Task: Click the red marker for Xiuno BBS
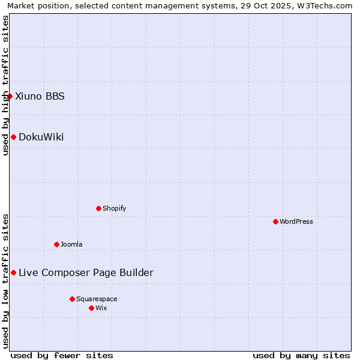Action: click(x=10, y=96)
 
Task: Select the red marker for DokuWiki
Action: click(x=13, y=137)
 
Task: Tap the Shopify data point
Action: click(x=98, y=208)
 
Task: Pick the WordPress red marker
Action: click(x=275, y=221)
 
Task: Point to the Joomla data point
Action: click(x=56, y=244)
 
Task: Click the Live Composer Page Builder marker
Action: click(x=13, y=272)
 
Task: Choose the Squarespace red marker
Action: click(x=72, y=299)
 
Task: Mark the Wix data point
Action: click(x=91, y=308)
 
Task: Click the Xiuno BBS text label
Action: click(x=40, y=96)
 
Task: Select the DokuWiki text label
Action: click(x=41, y=137)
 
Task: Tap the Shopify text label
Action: click(x=114, y=208)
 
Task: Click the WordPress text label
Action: click(x=296, y=221)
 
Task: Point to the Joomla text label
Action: click(x=71, y=244)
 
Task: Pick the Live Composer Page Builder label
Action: click(x=86, y=272)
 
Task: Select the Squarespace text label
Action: click(x=97, y=299)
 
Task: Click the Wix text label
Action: click(x=101, y=308)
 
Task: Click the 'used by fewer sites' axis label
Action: click(x=62, y=355)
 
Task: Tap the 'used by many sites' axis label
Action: click(x=301, y=355)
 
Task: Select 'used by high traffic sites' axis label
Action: click(x=5, y=85)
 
